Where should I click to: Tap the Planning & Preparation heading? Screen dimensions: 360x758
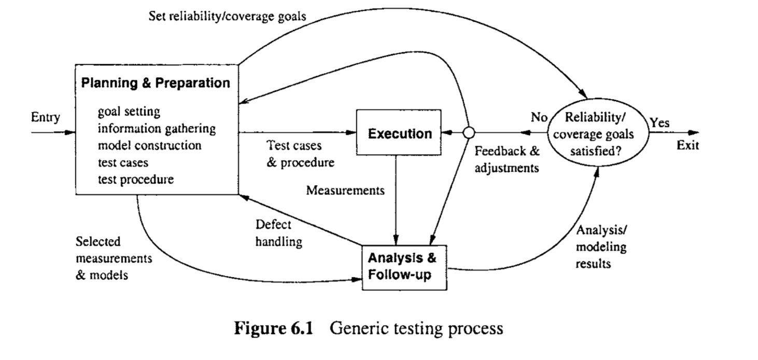tap(155, 82)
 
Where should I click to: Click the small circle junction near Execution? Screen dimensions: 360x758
tap(469, 133)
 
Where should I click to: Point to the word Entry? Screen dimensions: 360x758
tap(46, 117)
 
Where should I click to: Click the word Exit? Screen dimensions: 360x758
tap(687, 145)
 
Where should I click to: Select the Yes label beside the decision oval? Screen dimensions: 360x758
tap(659, 123)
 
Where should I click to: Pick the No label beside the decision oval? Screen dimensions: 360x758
tap(539, 117)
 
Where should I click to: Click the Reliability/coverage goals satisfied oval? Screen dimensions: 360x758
tap(601, 134)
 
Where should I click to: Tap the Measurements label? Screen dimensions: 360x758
tap(345, 190)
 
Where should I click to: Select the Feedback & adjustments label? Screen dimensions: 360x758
tap(508, 160)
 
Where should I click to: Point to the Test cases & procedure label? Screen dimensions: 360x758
tap(300, 154)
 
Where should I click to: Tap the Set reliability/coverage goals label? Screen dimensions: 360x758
tap(227, 16)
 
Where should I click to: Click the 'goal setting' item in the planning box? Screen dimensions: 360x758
tap(129, 112)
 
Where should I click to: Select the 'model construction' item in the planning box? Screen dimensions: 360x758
tap(149, 145)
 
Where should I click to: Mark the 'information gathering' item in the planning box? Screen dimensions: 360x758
tap(157, 128)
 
